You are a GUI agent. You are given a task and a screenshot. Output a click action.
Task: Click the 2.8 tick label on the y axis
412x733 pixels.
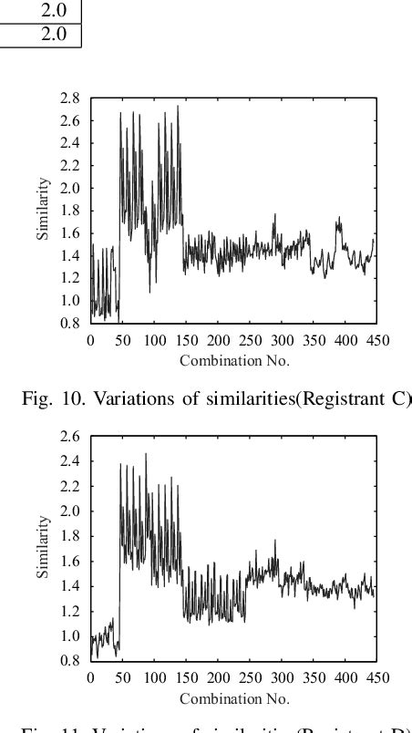[70, 98]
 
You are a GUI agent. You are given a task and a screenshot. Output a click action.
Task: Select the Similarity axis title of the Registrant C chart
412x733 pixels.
[43, 210]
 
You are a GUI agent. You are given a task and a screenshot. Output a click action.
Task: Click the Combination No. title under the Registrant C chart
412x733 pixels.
[234, 359]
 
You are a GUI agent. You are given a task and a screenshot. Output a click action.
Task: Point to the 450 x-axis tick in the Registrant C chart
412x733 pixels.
[377, 341]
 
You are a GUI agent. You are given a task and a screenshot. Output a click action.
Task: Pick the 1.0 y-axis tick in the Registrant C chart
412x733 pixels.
[70, 300]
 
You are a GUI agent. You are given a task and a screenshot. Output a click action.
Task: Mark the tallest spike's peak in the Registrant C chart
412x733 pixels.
[178, 106]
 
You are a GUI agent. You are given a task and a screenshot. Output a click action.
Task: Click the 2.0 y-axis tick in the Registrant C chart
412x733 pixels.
[70, 188]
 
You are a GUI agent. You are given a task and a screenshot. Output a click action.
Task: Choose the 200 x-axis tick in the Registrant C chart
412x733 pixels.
[218, 341]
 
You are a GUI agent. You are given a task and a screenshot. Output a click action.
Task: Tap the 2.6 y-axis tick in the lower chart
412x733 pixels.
[70, 437]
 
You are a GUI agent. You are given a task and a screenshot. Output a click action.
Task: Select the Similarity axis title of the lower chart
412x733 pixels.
[43, 547]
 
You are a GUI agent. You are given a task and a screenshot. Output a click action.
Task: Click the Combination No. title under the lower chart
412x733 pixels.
[234, 698]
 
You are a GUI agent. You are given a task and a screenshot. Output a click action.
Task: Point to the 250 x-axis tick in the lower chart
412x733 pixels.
[250, 678]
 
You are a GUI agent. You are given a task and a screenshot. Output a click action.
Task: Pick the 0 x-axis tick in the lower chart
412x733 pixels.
[89, 678]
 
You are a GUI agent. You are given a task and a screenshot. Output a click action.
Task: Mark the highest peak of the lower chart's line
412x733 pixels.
[145, 453]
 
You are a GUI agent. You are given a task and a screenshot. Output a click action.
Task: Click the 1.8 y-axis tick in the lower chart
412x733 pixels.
[70, 536]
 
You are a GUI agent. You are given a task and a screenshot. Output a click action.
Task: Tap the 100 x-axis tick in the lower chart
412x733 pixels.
[154, 678]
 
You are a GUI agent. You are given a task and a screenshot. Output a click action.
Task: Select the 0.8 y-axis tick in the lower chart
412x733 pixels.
[70, 661]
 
